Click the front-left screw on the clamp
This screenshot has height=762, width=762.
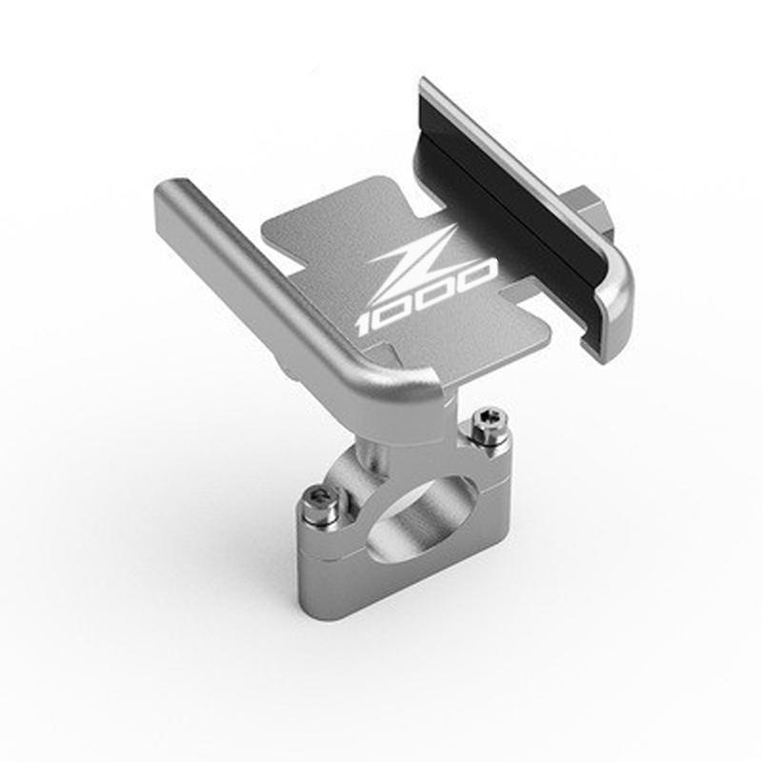319,508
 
